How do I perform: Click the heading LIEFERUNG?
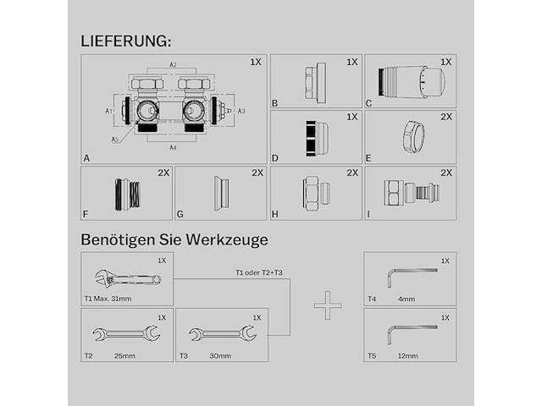pyautogui.click(x=126, y=41)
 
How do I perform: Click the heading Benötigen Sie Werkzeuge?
pyautogui.click(x=174, y=239)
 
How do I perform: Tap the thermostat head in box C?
pyautogui.click(x=412, y=82)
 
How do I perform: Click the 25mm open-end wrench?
pyautogui.click(x=125, y=333)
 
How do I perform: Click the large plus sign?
pyautogui.click(x=327, y=305)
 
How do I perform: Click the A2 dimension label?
pyautogui.click(x=173, y=65)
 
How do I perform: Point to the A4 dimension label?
pyautogui.click(x=173, y=147)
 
